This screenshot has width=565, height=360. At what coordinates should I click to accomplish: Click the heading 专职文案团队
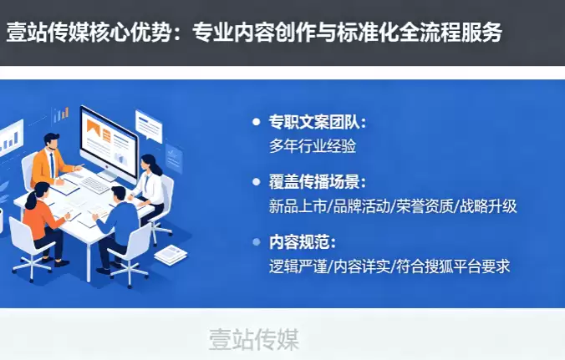coord(314,122)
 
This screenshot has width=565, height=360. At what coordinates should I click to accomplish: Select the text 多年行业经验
coord(313,146)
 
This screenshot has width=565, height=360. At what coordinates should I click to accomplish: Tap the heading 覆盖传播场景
coord(314,182)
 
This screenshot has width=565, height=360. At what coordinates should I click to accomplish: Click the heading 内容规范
coord(299,242)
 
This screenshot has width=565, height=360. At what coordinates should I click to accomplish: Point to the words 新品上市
coord(298,206)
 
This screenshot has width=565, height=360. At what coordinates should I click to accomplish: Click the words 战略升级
coord(488,206)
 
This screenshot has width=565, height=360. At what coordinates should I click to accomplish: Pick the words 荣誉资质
coord(425,206)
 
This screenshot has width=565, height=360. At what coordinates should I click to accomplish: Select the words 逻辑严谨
coord(298,266)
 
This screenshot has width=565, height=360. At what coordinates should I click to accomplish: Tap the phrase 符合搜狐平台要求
coord(453,266)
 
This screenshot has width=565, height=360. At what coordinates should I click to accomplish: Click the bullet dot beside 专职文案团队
coord(257,122)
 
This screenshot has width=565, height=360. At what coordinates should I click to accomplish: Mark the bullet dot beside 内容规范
coord(257,242)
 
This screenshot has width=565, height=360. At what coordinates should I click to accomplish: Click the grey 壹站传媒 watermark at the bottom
coord(254,339)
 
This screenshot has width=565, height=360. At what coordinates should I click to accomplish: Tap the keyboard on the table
coord(94,185)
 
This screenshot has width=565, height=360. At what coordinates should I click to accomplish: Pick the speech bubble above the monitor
coord(149,125)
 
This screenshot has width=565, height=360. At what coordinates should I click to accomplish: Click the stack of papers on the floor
coord(171,254)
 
